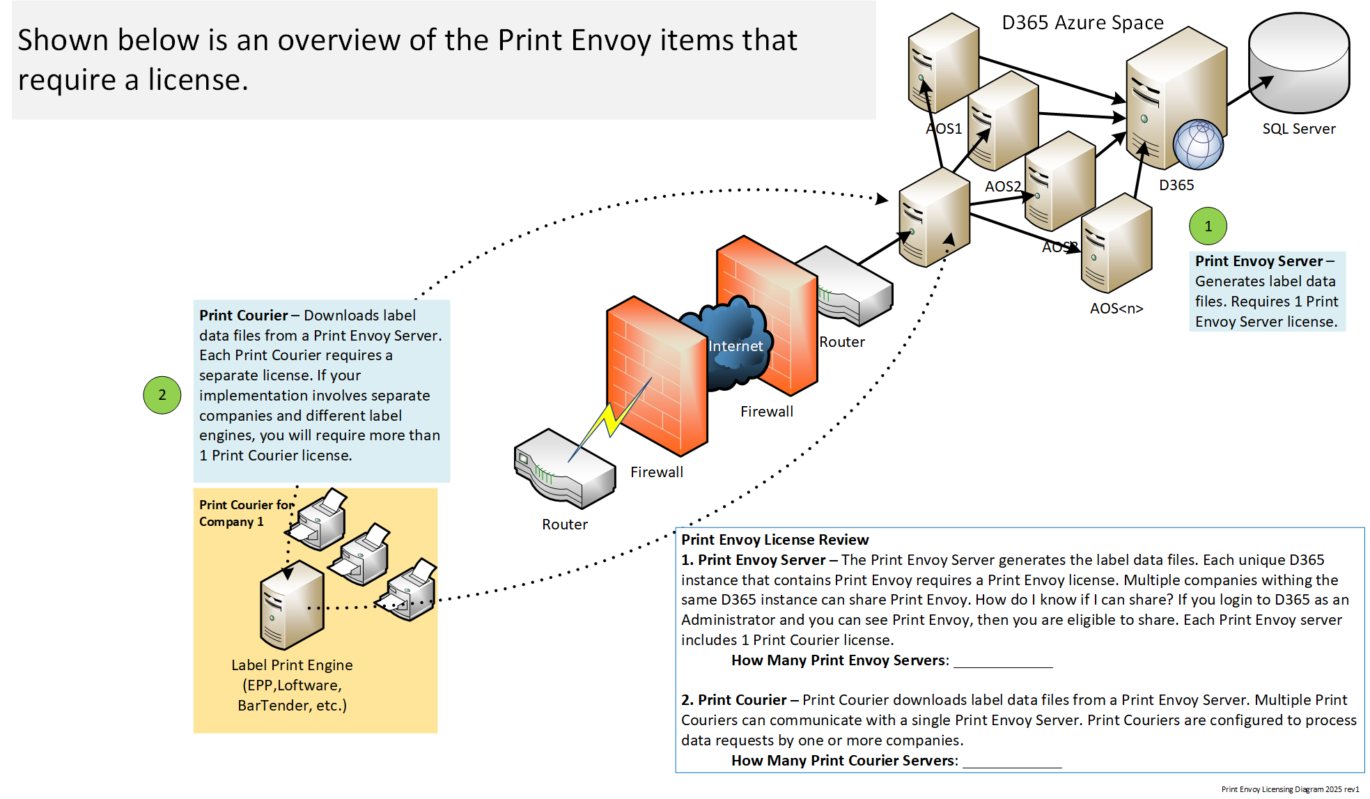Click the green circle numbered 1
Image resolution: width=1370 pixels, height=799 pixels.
pyautogui.click(x=1208, y=226)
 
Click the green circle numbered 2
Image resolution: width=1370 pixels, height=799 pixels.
pyautogui.click(x=162, y=395)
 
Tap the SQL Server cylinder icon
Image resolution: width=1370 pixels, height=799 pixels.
pyautogui.click(x=1299, y=63)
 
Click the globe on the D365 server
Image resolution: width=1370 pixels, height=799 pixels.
pyautogui.click(x=1198, y=144)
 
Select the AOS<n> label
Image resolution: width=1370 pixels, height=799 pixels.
pyautogui.click(x=1116, y=309)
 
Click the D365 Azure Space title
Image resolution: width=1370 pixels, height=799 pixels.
pyautogui.click(x=1082, y=23)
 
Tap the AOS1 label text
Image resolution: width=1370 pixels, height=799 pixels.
pyautogui.click(x=944, y=129)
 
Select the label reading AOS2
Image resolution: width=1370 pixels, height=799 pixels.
pyautogui.click(x=1002, y=187)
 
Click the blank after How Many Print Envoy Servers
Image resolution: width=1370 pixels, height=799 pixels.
pyautogui.click(x=1002, y=660)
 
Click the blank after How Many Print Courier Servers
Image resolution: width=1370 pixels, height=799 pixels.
pyautogui.click(x=1011, y=761)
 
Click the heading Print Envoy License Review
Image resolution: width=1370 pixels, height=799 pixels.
pyautogui.click(x=774, y=540)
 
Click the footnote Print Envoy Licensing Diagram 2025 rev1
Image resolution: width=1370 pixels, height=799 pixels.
pyautogui.click(x=1290, y=789)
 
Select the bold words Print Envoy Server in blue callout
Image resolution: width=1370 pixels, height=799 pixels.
pyautogui.click(x=1259, y=261)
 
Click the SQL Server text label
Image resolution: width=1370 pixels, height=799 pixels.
pyautogui.click(x=1299, y=129)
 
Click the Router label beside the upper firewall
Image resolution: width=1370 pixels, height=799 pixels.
pyautogui.click(x=841, y=342)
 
